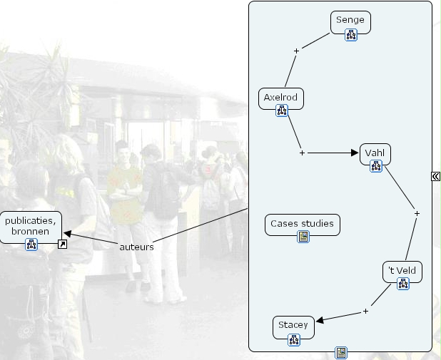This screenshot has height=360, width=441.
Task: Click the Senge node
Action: point(350,20)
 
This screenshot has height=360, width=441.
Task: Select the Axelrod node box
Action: point(281,97)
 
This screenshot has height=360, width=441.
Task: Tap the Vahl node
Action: point(375,153)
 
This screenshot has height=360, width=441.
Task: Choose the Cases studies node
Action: point(302,224)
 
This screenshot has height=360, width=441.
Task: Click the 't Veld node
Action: point(402,271)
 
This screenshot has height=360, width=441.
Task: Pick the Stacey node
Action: point(293,325)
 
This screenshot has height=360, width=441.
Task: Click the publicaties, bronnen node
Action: point(31,226)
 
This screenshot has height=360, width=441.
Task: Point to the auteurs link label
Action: point(136,247)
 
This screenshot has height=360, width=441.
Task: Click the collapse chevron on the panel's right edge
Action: point(436,175)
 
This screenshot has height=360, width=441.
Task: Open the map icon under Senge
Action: point(350,36)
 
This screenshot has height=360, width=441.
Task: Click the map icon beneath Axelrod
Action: point(281,110)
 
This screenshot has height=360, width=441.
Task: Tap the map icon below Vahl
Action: point(376,166)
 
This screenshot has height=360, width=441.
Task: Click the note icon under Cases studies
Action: point(303,237)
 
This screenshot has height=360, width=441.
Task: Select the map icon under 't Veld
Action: point(402,284)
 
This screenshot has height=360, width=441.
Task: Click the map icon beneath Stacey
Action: point(293,339)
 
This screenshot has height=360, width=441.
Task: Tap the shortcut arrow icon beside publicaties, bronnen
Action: point(63,245)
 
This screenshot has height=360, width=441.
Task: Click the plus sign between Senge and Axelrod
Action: point(296,50)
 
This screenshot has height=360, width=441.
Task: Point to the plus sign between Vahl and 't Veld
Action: point(417,213)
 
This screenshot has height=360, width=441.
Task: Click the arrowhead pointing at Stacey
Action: point(319,320)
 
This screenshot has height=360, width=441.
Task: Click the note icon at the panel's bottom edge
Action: point(341,352)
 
